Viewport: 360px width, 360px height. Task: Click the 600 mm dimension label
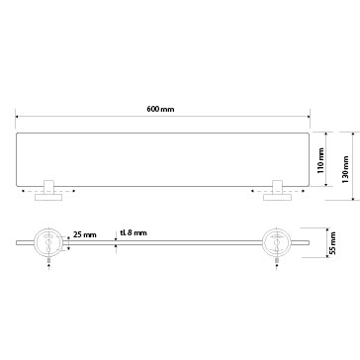pos(160,109)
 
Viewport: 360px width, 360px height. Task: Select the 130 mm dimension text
pos(345,169)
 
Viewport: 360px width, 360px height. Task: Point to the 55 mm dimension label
pos(333,242)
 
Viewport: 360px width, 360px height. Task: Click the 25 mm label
pos(85,234)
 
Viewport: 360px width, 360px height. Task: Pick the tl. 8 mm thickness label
pos(134,232)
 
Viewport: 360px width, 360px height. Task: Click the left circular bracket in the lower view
pos(47,242)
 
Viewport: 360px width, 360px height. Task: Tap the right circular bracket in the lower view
pos(276,242)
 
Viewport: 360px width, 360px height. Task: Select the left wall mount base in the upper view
pos(48,198)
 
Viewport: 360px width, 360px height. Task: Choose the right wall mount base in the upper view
pos(277,198)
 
